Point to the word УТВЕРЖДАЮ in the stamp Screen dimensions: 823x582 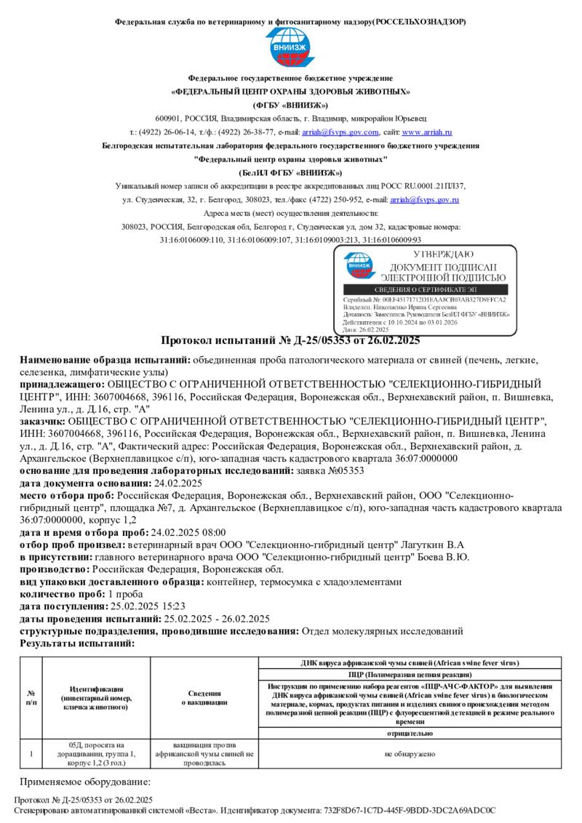point(443,254)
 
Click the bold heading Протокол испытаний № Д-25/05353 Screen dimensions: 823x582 point(290,341)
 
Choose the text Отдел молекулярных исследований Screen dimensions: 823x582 point(382,631)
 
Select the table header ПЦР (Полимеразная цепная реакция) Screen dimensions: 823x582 point(410,675)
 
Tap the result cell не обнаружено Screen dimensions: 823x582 point(410,755)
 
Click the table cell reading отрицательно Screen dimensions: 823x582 point(410,734)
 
